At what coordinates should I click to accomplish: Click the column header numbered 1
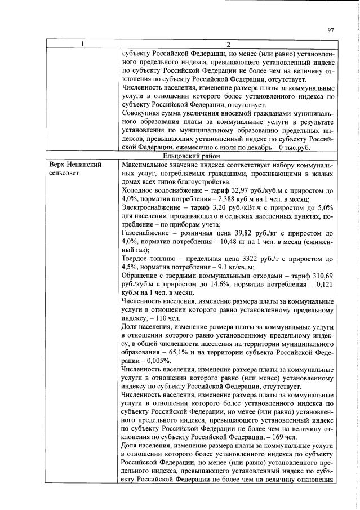pos(81,45)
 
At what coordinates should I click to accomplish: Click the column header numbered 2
pos(228,45)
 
